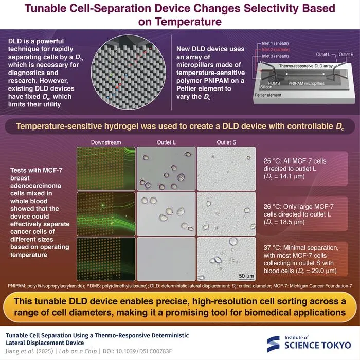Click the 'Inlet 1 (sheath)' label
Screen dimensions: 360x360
[x=275, y=43]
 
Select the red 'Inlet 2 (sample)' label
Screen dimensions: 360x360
[x=276, y=49]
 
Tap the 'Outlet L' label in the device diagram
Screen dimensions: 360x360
[x=323, y=55]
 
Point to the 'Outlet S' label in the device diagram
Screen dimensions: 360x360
[x=346, y=55]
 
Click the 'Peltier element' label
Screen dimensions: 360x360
[x=268, y=95]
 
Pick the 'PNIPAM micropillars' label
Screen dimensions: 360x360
[x=307, y=83]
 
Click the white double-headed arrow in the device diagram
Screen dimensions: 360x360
[x=305, y=74]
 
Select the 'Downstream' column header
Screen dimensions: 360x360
[x=106, y=142]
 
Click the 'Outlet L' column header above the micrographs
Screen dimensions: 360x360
[x=166, y=142]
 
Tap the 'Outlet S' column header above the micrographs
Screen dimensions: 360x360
[x=226, y=142]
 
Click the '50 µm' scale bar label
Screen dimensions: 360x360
[x=246, y=276]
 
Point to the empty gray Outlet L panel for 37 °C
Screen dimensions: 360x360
[x=166, y=259]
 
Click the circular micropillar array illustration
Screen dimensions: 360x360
[x=129, y=73]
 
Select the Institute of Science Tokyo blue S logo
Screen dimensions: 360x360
[x=274, y=344]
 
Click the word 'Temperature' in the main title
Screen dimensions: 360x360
[x=189, y=22]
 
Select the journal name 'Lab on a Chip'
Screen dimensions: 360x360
[x=78, y=351]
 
